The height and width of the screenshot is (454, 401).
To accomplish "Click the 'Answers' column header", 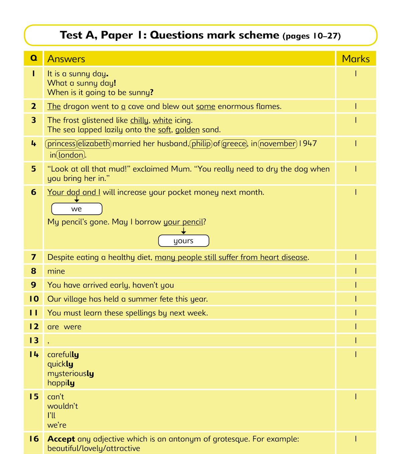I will [x=66, y=59].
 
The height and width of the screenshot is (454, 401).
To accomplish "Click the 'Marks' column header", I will [x=356, y=59].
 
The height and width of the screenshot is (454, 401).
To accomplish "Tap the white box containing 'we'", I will [x=77, y=209].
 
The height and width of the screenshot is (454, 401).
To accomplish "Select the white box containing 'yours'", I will [x=183, y=241].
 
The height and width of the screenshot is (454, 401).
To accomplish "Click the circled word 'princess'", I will [x=61, y=144].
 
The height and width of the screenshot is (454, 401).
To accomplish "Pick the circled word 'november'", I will [x=278, y=144].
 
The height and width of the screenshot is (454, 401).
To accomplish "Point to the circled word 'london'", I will [x=71, y=155].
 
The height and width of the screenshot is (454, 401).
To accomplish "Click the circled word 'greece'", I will [x=234, y=144].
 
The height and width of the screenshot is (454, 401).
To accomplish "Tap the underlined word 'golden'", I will [x=187, y=130].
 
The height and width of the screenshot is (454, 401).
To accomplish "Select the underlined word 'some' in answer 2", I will [x=206, y=107].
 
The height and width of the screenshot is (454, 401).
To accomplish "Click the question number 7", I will [x=33, y=257].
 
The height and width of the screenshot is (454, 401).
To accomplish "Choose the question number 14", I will [x=34, y=354].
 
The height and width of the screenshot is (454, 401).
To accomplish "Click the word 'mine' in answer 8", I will [x=56, y=271].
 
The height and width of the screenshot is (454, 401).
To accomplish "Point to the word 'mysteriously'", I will [x=71, y=374].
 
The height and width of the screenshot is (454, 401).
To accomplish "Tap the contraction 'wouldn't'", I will [x=62, y=406].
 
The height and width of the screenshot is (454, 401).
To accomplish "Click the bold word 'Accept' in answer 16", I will [x=61, y=439].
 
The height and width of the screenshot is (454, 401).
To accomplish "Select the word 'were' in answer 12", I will [x=73, y=327].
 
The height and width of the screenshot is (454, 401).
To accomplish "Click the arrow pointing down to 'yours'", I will [x=183, y=231].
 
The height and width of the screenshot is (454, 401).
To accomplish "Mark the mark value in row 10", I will [x=356, y=299].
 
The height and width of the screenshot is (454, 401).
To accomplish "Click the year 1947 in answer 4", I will [x=308, y=144].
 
